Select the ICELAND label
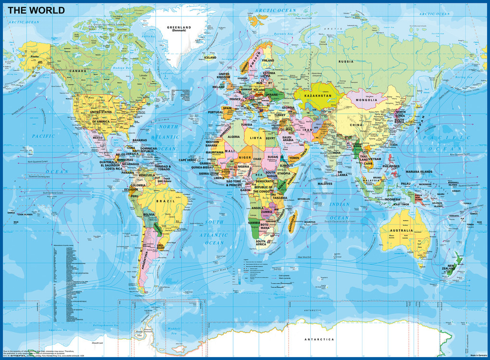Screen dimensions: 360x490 [210, 58]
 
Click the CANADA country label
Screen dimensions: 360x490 [77, 71]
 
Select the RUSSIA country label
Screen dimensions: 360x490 [345, 62]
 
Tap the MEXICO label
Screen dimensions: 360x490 [98, 137]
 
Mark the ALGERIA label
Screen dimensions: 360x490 [233, 137]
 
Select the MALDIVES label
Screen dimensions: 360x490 [325, 184]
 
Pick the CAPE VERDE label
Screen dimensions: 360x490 [188, 160]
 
